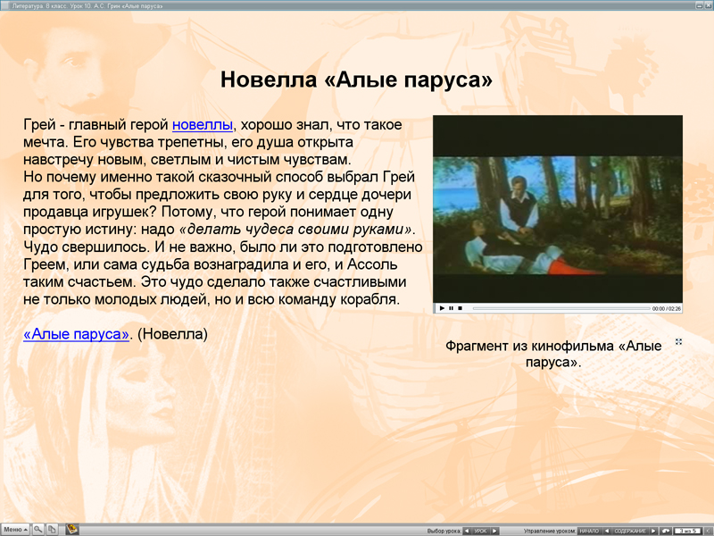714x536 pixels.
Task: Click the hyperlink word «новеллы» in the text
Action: (202, 124)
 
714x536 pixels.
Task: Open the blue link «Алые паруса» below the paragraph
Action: (77, 334)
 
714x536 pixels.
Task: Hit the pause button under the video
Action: (451, 308)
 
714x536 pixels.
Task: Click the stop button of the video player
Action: (460, 308)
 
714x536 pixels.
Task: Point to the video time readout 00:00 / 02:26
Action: (666, 308)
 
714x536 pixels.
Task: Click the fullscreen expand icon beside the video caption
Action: (679, 342)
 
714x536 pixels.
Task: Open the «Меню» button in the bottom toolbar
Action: (15, 530)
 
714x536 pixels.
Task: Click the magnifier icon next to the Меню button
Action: (38, 530)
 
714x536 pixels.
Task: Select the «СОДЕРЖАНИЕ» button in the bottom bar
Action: (630, 531)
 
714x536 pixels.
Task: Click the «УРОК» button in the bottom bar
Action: (481, 531)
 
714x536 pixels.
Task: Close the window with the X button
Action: (706, 4)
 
